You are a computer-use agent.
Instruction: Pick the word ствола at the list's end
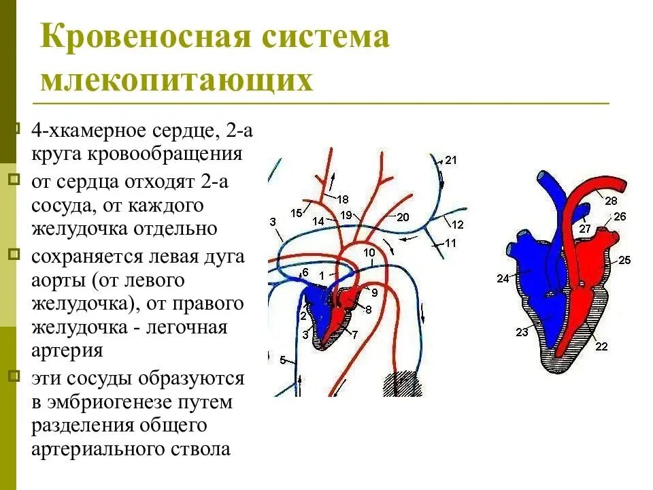point(199,449)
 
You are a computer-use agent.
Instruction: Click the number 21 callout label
point(451,161)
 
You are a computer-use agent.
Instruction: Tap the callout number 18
point(342,199)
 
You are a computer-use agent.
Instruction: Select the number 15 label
point(296,213)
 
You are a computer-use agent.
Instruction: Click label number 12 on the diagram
point(457,225)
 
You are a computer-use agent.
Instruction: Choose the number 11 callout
point(450,242)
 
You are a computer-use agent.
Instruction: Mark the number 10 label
point(369,252)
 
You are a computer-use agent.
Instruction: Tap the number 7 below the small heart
point(354,333)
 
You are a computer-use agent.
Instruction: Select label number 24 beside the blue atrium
point(503,278)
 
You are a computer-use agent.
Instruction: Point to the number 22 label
point(601,346)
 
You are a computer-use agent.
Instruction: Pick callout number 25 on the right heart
point(624,260)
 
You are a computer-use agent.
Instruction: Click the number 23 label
point(522,332)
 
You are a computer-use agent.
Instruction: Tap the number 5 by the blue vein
point(283,360)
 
